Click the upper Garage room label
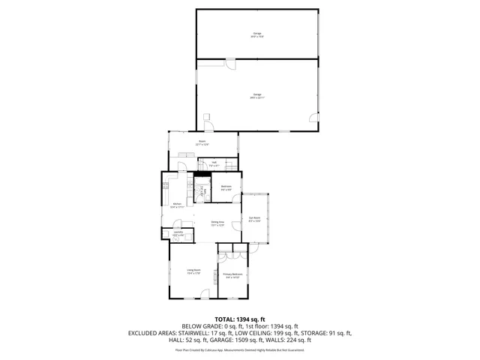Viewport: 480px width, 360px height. tap(257, 35)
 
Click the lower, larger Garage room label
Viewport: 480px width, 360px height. tap(257, 95)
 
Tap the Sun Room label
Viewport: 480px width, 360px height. tap(255, 220)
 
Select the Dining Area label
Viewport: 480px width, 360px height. tap(217, 223)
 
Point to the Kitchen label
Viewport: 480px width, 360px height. tap(177, 205)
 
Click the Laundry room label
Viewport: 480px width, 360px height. tap(178, 234)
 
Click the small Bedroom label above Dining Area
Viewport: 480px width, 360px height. tap(226, 187)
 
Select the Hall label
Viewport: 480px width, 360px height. tap(213, 163)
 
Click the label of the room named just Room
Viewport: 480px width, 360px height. tap(202, 142)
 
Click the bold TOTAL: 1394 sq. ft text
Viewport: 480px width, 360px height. tap(240, 319)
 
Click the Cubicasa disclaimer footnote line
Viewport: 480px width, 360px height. tap(240, 349)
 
